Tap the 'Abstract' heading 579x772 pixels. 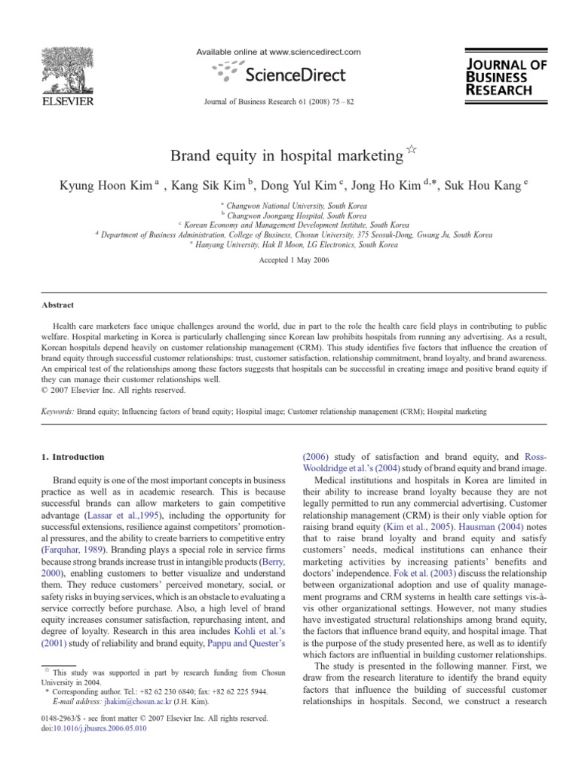(57, 305)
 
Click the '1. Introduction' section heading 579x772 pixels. (73, 457)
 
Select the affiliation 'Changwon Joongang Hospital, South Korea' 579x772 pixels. (293, 216)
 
